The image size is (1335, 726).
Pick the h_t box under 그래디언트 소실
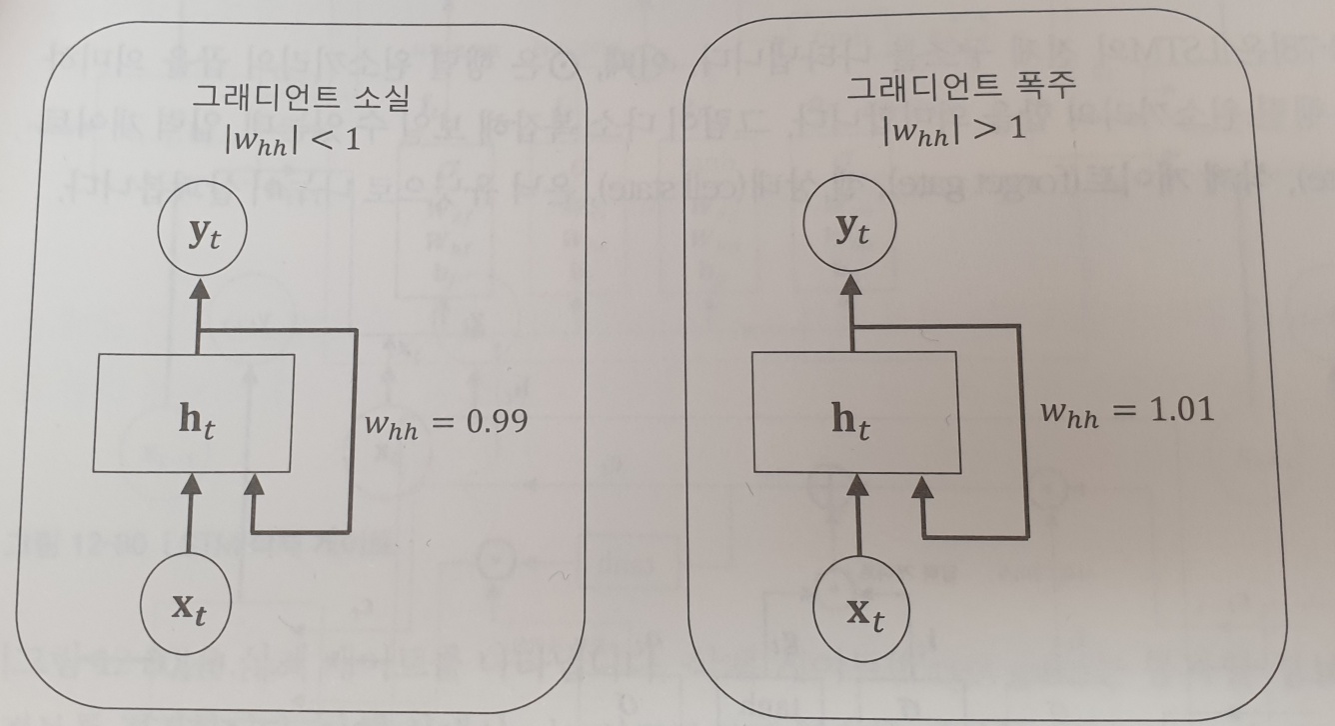click(x=194, y=412)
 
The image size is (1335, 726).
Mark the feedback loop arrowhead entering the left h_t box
click(x=254, y=485)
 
